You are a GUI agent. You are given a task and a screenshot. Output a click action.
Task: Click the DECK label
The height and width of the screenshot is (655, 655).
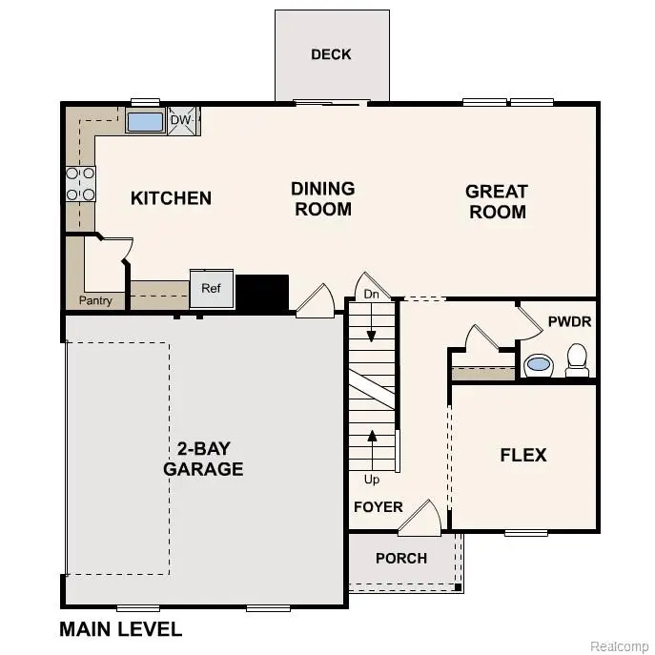coord(331,54)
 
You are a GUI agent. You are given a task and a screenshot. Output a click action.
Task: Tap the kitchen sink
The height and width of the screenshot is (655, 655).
coord(145,122)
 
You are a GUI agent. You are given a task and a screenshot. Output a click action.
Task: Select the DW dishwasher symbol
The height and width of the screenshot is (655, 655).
coord(181,121)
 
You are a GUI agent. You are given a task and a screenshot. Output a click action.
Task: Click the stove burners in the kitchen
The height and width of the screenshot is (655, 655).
coord(80,183)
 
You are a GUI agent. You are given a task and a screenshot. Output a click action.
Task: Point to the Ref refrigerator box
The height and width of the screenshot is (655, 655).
coord(211,289)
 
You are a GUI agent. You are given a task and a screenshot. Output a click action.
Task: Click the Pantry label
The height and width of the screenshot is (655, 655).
coord(95,301)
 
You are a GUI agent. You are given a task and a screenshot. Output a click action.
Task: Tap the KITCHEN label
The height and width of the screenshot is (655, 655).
coord(171,198)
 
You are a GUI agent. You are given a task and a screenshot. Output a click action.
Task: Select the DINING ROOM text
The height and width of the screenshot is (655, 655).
coord(323,198)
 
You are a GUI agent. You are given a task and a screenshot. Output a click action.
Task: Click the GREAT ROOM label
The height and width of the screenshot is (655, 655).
coord(496,201)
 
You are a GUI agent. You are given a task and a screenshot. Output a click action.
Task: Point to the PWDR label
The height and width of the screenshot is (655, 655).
coord(569,322)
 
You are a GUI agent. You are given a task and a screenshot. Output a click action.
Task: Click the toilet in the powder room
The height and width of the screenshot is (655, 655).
coord(576,359)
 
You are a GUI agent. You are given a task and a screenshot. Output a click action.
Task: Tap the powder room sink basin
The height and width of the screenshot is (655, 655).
coord(539,363)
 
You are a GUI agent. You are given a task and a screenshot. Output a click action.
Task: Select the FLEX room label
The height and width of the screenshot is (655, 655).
coord(523,455)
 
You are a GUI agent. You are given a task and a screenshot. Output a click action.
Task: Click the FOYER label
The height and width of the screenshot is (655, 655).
coord(379,507)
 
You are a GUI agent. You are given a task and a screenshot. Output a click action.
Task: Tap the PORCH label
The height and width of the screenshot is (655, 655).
coord(400,558)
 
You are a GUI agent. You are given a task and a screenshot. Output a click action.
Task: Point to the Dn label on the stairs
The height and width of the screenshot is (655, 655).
coord(372,296)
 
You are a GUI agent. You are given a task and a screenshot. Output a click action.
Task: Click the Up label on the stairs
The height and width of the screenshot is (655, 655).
coord(372,480)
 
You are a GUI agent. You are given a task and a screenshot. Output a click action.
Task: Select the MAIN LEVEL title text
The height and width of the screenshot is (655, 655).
coord(120,629)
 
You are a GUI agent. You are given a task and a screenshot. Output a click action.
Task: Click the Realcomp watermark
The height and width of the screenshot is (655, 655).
coord(619,645)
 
